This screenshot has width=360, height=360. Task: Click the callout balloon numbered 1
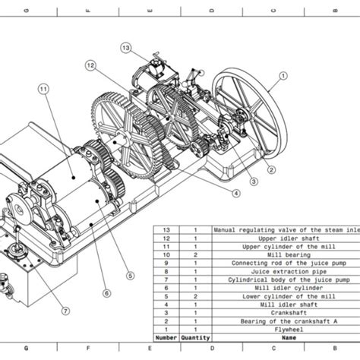pos(283,75)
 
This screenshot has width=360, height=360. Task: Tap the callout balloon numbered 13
pos(126,48)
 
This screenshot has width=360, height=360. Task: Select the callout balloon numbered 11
pos(43,89)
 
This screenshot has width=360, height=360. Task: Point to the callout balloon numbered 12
pos(90,66)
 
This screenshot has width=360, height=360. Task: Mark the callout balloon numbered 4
pos(236,193)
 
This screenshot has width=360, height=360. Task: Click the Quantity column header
pos(194,338)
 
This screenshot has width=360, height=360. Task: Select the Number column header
pos(166,338)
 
